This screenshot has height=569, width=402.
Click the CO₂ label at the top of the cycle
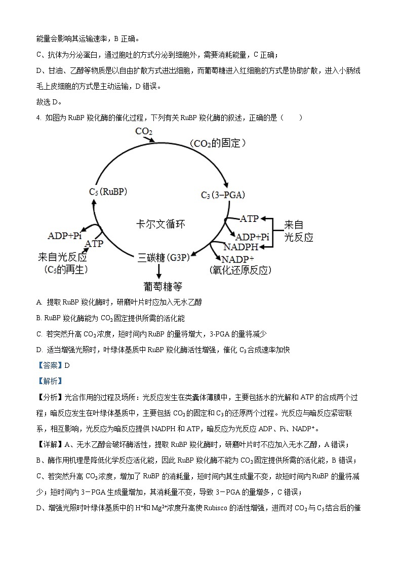[x=144, y=132]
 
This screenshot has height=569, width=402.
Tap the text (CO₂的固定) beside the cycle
[x=219, y=143]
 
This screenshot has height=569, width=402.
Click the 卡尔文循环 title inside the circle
[x=160, y=223]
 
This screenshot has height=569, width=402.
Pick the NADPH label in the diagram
[x=241, y=247]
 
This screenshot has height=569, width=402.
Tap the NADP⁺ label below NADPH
[x=236, y=259]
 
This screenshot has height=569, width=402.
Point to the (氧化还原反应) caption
[x=238, y=270]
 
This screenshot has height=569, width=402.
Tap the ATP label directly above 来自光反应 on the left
[x=94, y=244]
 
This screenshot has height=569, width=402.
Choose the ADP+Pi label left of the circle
[x=65, y=236]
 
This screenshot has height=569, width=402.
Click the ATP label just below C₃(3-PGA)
[x=249, y=219]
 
